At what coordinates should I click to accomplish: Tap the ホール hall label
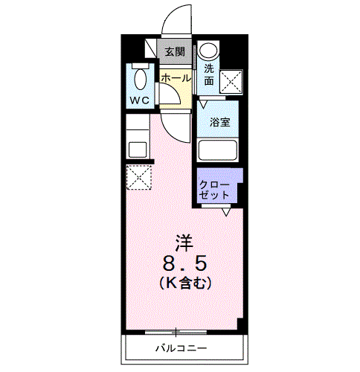pyautogui.click(x=176, y=77)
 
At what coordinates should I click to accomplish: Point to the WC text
pyautogui.click(x=141, y=100)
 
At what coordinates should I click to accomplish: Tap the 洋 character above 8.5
pyautogui.click(x=185, y=242)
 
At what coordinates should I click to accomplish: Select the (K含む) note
pyautogui.click(x=186, y=283)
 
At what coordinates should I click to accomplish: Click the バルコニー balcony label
pyautogui.click(x=181, y=348)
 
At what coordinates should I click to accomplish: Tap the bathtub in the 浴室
pyautogui.click(x=218, y=150)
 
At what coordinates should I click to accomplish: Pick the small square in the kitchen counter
pyautogui.click(x=138, y=147)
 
